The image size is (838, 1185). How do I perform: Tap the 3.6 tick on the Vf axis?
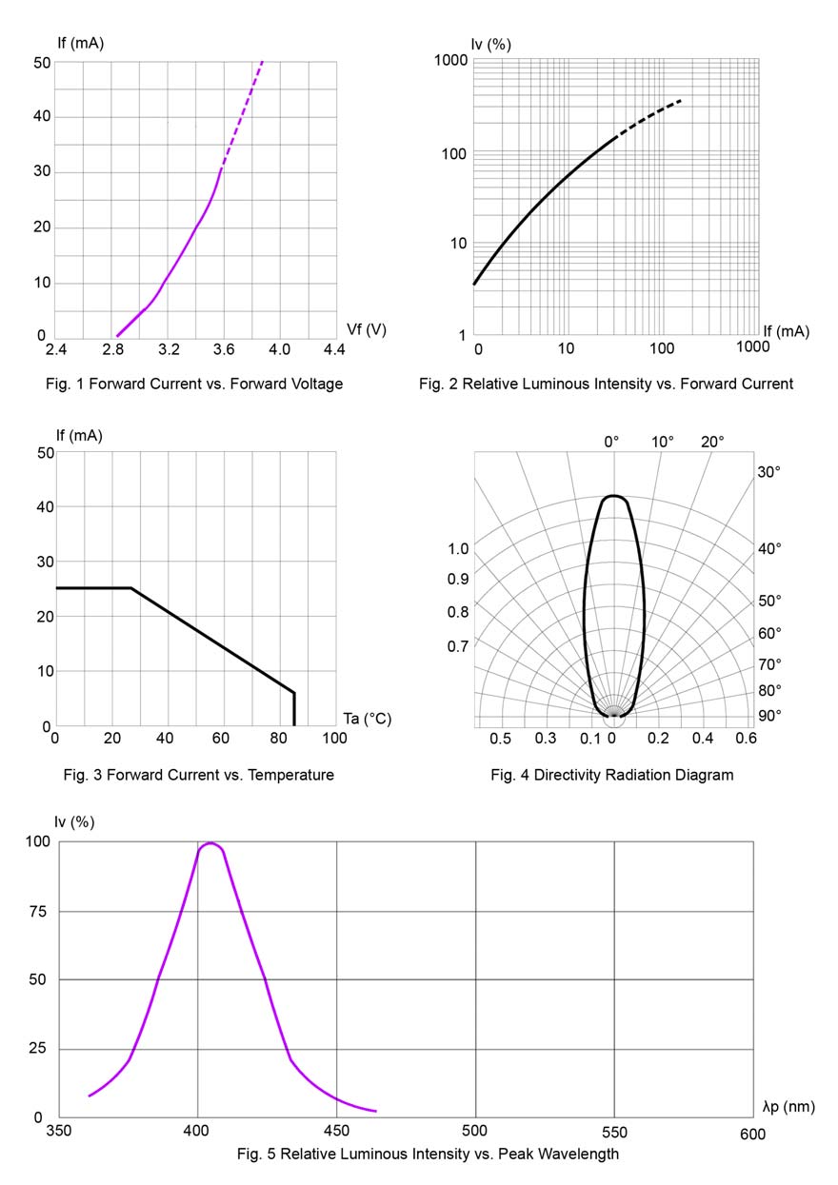224,350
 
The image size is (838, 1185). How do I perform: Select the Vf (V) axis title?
367,329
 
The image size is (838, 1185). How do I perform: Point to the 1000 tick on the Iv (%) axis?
450,61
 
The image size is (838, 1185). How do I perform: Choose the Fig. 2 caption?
606,384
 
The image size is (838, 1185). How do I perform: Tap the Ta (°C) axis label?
367,719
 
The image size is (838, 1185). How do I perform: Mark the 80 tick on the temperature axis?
279,739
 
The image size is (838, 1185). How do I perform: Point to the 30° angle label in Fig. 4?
769,472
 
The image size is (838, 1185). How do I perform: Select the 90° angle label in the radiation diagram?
769,716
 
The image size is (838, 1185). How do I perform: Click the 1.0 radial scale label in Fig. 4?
458,549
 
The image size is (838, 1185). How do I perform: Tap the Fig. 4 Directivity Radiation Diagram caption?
612,775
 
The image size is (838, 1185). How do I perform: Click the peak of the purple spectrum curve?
209,843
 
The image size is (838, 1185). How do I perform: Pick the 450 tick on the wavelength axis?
336,1133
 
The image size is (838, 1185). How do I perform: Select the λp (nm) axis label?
788,1106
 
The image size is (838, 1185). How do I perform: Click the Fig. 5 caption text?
428,1155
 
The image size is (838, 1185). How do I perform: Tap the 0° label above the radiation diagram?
611,442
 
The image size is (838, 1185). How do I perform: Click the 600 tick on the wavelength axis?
751,1133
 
